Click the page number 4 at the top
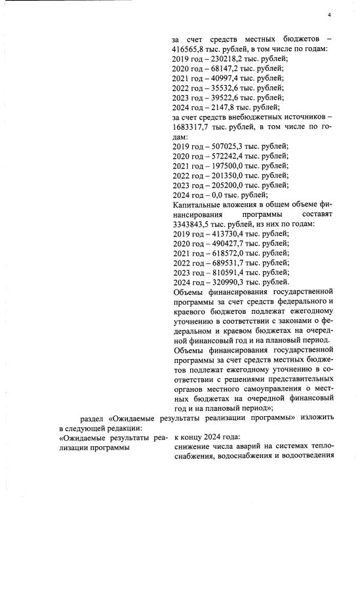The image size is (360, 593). click(x=329, y=15)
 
